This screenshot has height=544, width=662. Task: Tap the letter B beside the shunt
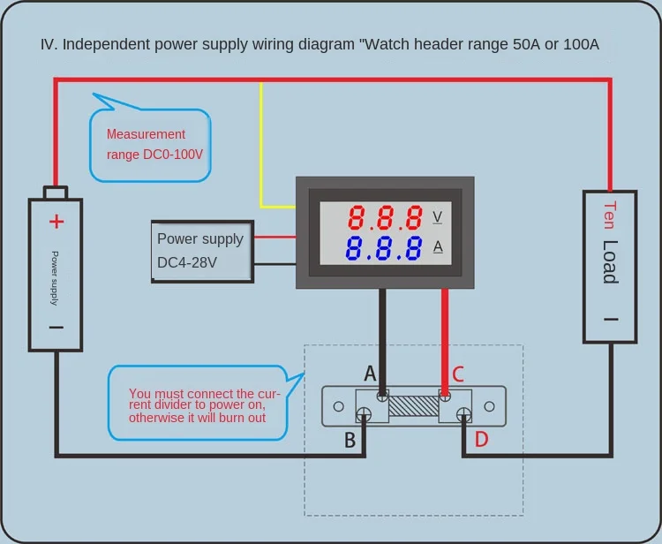(350, 439)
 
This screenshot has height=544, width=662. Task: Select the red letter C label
(457, 374)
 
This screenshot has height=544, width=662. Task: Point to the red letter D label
(481, 439)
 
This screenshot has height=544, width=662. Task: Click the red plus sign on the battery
(56, 221)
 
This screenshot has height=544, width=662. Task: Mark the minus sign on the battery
(56, 327)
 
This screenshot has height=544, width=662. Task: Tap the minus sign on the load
(610, 319)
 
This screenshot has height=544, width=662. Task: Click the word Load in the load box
(610, 262)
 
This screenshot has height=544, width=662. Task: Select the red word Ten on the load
(610, 215)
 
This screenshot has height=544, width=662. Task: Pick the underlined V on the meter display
(437, 216)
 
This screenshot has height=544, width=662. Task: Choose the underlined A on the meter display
(437, 246)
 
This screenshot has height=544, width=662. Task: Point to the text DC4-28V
(187, 262)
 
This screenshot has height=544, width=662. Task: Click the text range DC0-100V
(155, 154)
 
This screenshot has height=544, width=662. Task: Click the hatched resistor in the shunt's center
(413, 406)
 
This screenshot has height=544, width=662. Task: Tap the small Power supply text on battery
(55, 277)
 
